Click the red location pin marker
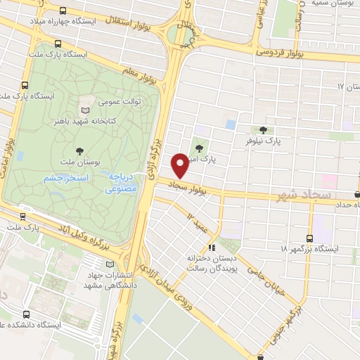pos(181,165)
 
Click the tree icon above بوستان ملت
pos(79,150)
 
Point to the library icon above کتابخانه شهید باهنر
pos(85,110)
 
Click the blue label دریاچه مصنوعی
pos(124,184)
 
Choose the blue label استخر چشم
pos(67,178)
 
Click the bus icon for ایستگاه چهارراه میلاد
pos(65,11)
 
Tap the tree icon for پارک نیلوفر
pos(263,129)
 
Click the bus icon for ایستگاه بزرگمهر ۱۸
pos(311,238)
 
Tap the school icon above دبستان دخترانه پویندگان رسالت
pos(212,247)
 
